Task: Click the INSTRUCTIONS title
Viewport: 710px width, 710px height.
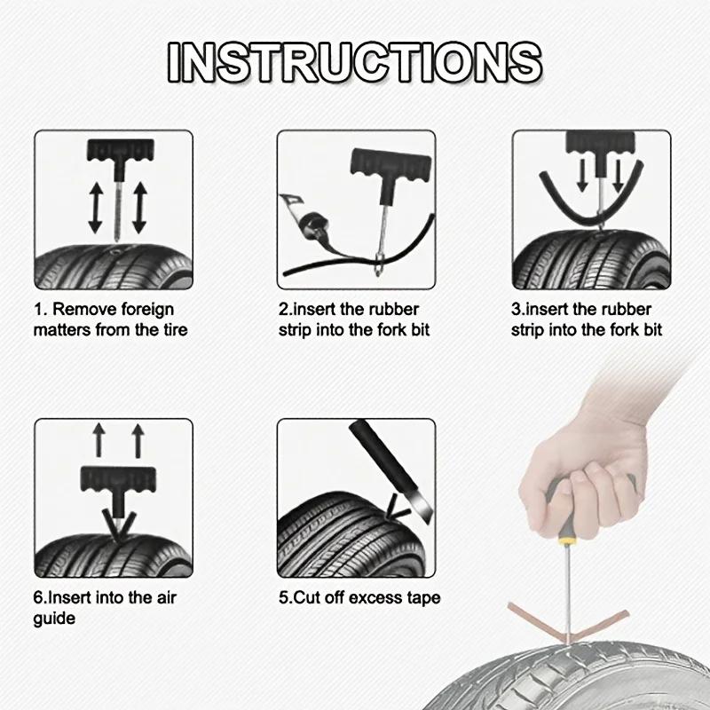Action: coord(355,61)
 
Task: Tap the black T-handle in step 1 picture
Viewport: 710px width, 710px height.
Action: coord(114,151)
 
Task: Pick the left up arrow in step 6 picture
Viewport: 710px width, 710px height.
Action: coord(99,440)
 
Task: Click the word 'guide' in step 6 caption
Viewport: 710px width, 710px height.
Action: coord(55,618)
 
